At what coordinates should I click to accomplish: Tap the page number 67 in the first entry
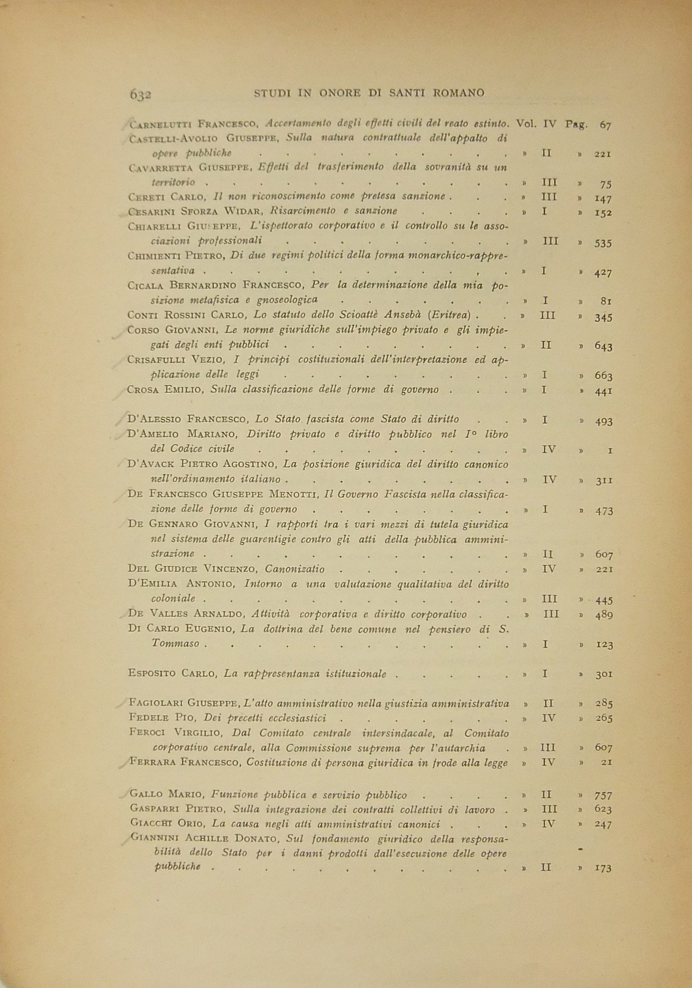(605, 126)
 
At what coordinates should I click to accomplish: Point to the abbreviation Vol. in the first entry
(525, 124)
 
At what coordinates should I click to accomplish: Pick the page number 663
(603, 376)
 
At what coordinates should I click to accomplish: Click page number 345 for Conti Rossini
(603, 318)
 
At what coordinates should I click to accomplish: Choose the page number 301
(604, 675)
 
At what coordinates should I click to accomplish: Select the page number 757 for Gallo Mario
(603, 796)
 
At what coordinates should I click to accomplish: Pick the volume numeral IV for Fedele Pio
(549, 718)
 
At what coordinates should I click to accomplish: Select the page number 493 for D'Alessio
(603, 422)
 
